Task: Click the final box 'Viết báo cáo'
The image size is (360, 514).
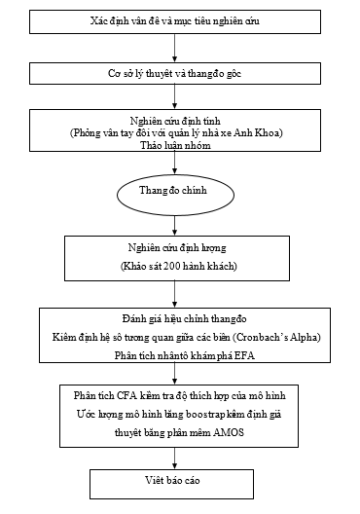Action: click(x=175, y=480)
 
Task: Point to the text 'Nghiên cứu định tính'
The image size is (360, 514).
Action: click(x=176, y=119)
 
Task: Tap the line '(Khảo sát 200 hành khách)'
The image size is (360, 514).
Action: click(x=174, y=266)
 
